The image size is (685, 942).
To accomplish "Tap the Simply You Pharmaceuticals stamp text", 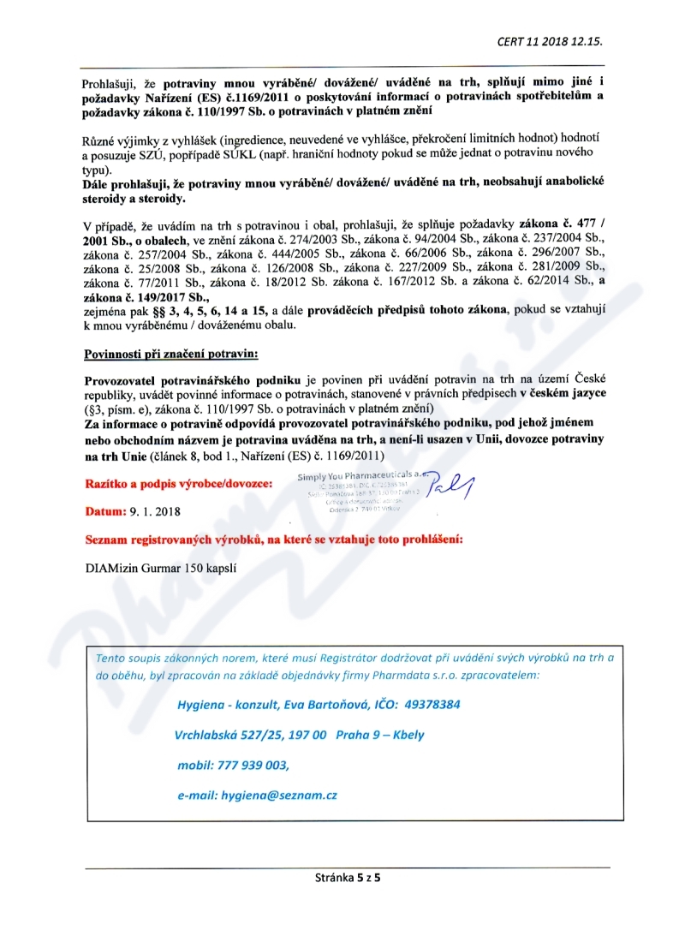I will click(x=360, y=477).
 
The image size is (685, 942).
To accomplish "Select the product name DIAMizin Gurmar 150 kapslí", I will click(x=161, y=566).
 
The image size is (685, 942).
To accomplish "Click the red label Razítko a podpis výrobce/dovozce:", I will click(x=178, y=484).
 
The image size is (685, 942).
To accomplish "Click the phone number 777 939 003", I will click(x=253, y=765).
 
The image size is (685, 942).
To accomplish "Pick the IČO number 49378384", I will click(x=433, y=704).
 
